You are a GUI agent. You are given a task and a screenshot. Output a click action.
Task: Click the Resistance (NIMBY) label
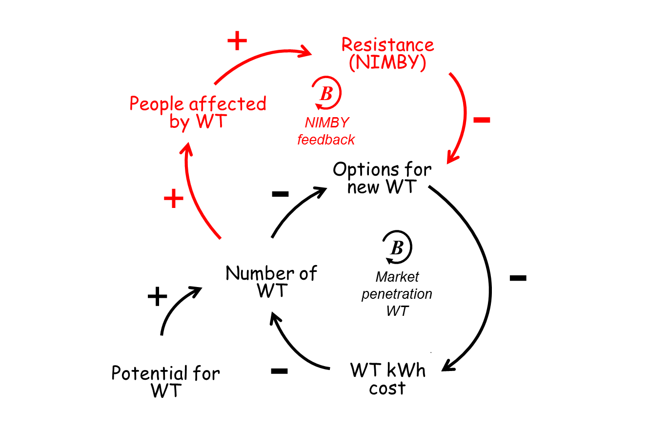[x=387, y=54]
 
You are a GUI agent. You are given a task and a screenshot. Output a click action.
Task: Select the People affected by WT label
[x=198, y=112]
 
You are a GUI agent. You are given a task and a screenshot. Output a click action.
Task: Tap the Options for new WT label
[x=382, y=178]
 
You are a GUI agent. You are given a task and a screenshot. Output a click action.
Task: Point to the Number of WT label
[x=271, y=281]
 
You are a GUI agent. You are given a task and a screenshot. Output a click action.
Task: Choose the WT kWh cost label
[x=387, y=379]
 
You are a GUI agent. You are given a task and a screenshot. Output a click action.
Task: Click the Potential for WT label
[x=165, y=382]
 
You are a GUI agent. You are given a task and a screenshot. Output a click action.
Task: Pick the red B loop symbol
[x=326, y=92]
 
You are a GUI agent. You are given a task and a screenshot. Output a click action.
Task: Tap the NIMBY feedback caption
[x=326, y=131]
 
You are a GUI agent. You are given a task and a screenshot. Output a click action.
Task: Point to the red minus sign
[x=482, y=120]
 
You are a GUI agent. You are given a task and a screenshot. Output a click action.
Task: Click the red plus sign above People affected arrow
[x=237, y=41]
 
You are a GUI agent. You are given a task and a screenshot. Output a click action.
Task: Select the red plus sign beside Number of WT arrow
[x=173, y=199]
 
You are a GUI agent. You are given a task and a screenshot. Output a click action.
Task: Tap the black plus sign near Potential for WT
[x=157, y=296]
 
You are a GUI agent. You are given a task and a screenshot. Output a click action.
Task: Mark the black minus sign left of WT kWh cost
[x=279, y=371]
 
